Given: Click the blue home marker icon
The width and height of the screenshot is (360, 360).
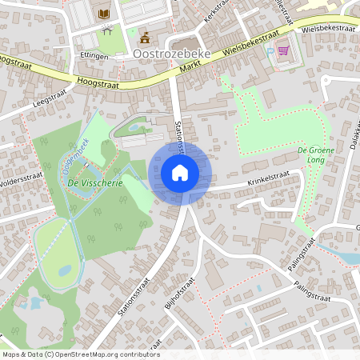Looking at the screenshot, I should [180, 173].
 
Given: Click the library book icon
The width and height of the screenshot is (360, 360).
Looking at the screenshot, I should [104, 14].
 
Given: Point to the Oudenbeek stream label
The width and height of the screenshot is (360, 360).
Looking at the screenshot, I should [74, 156].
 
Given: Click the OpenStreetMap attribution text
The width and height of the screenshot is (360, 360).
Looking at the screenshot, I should [80, 354].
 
